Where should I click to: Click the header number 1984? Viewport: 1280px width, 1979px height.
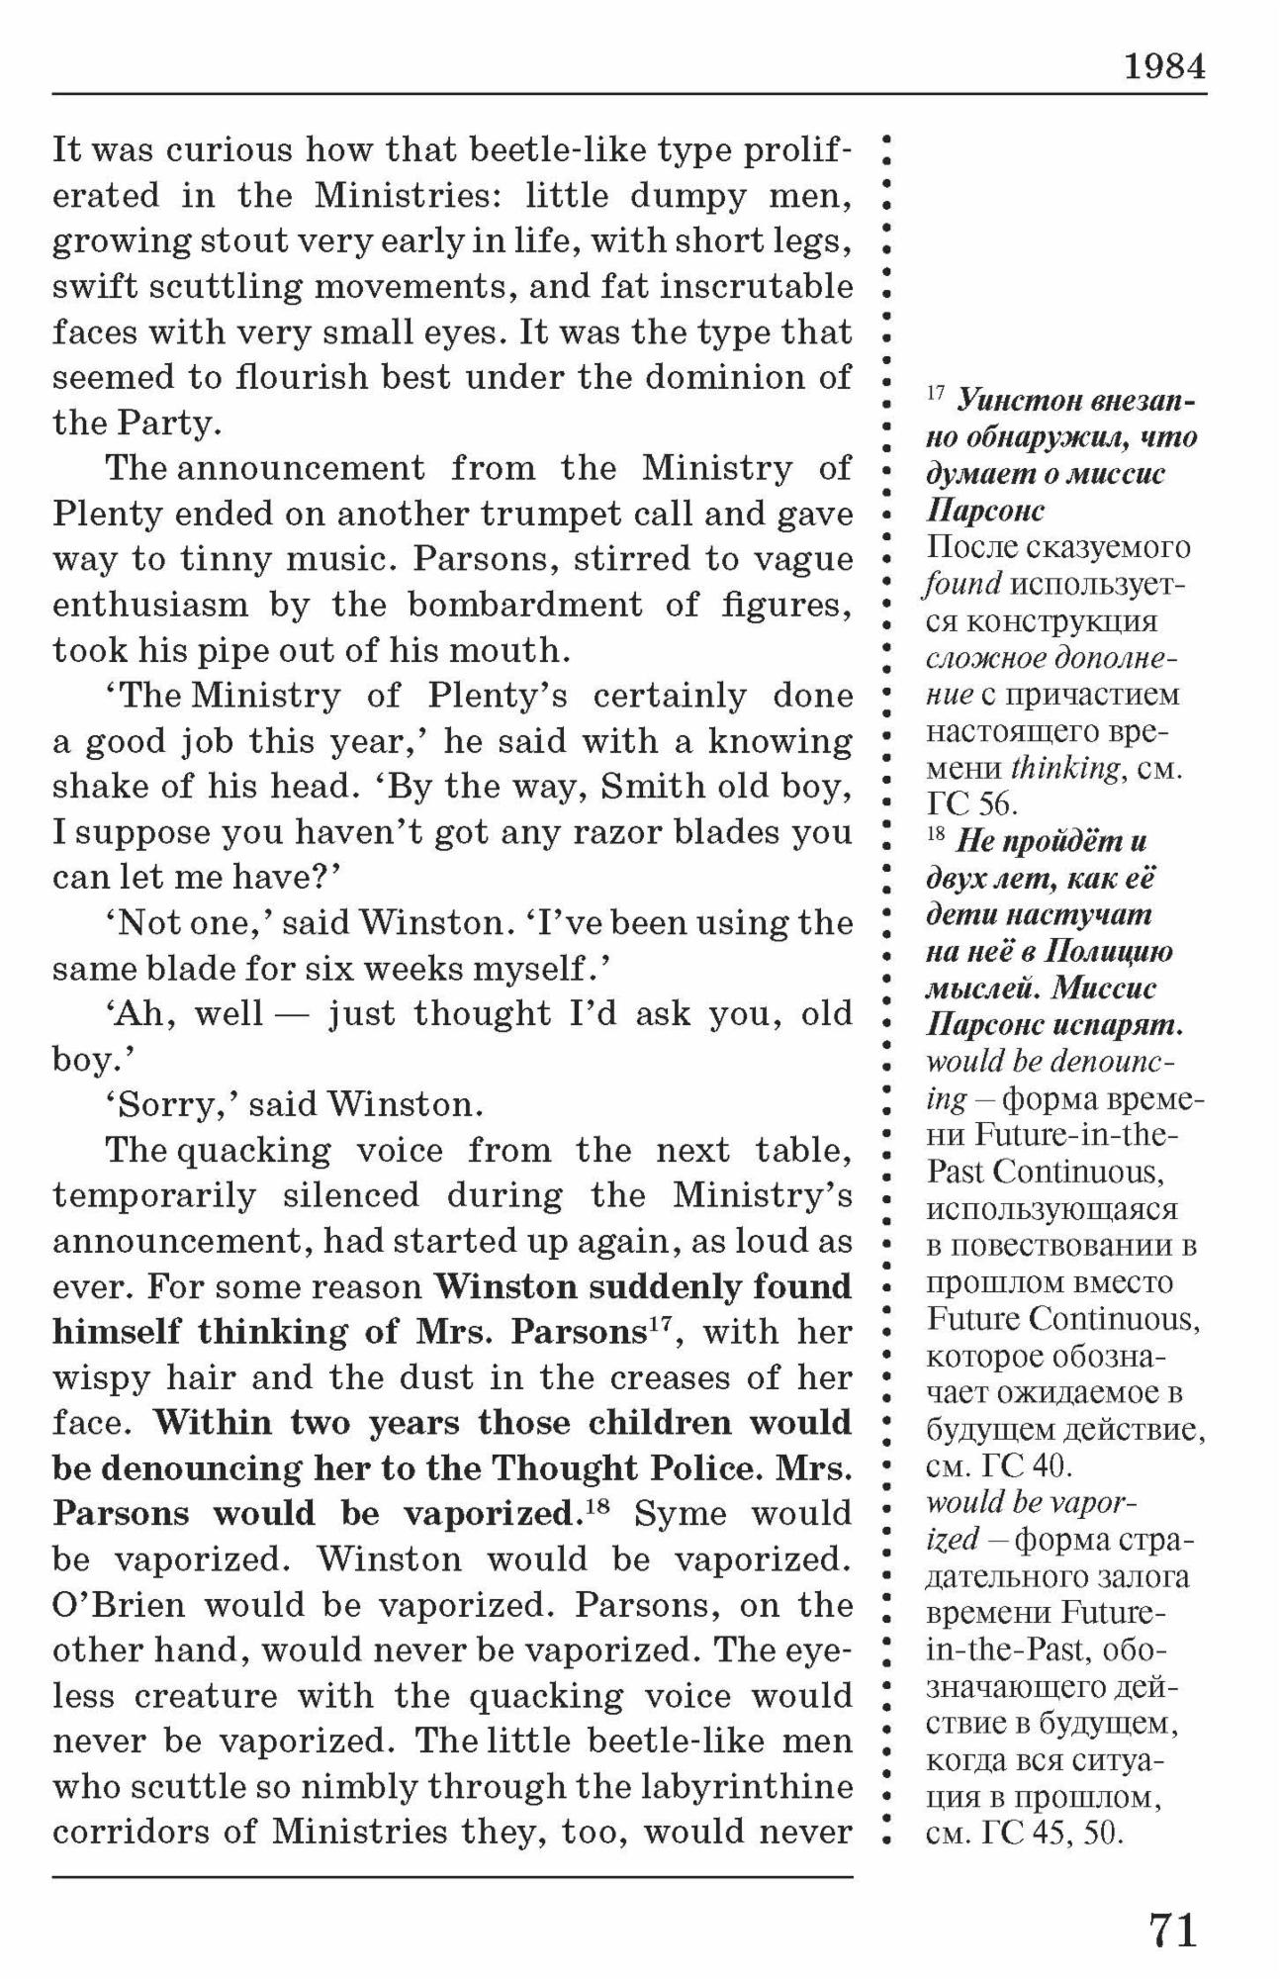click(1164, 66)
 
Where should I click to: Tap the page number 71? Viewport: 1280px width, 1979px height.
click(1173, 1930)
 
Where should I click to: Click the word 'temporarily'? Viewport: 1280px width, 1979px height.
click(154, 1195)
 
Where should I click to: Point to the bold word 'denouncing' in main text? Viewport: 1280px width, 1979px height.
click(203, 1468)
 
